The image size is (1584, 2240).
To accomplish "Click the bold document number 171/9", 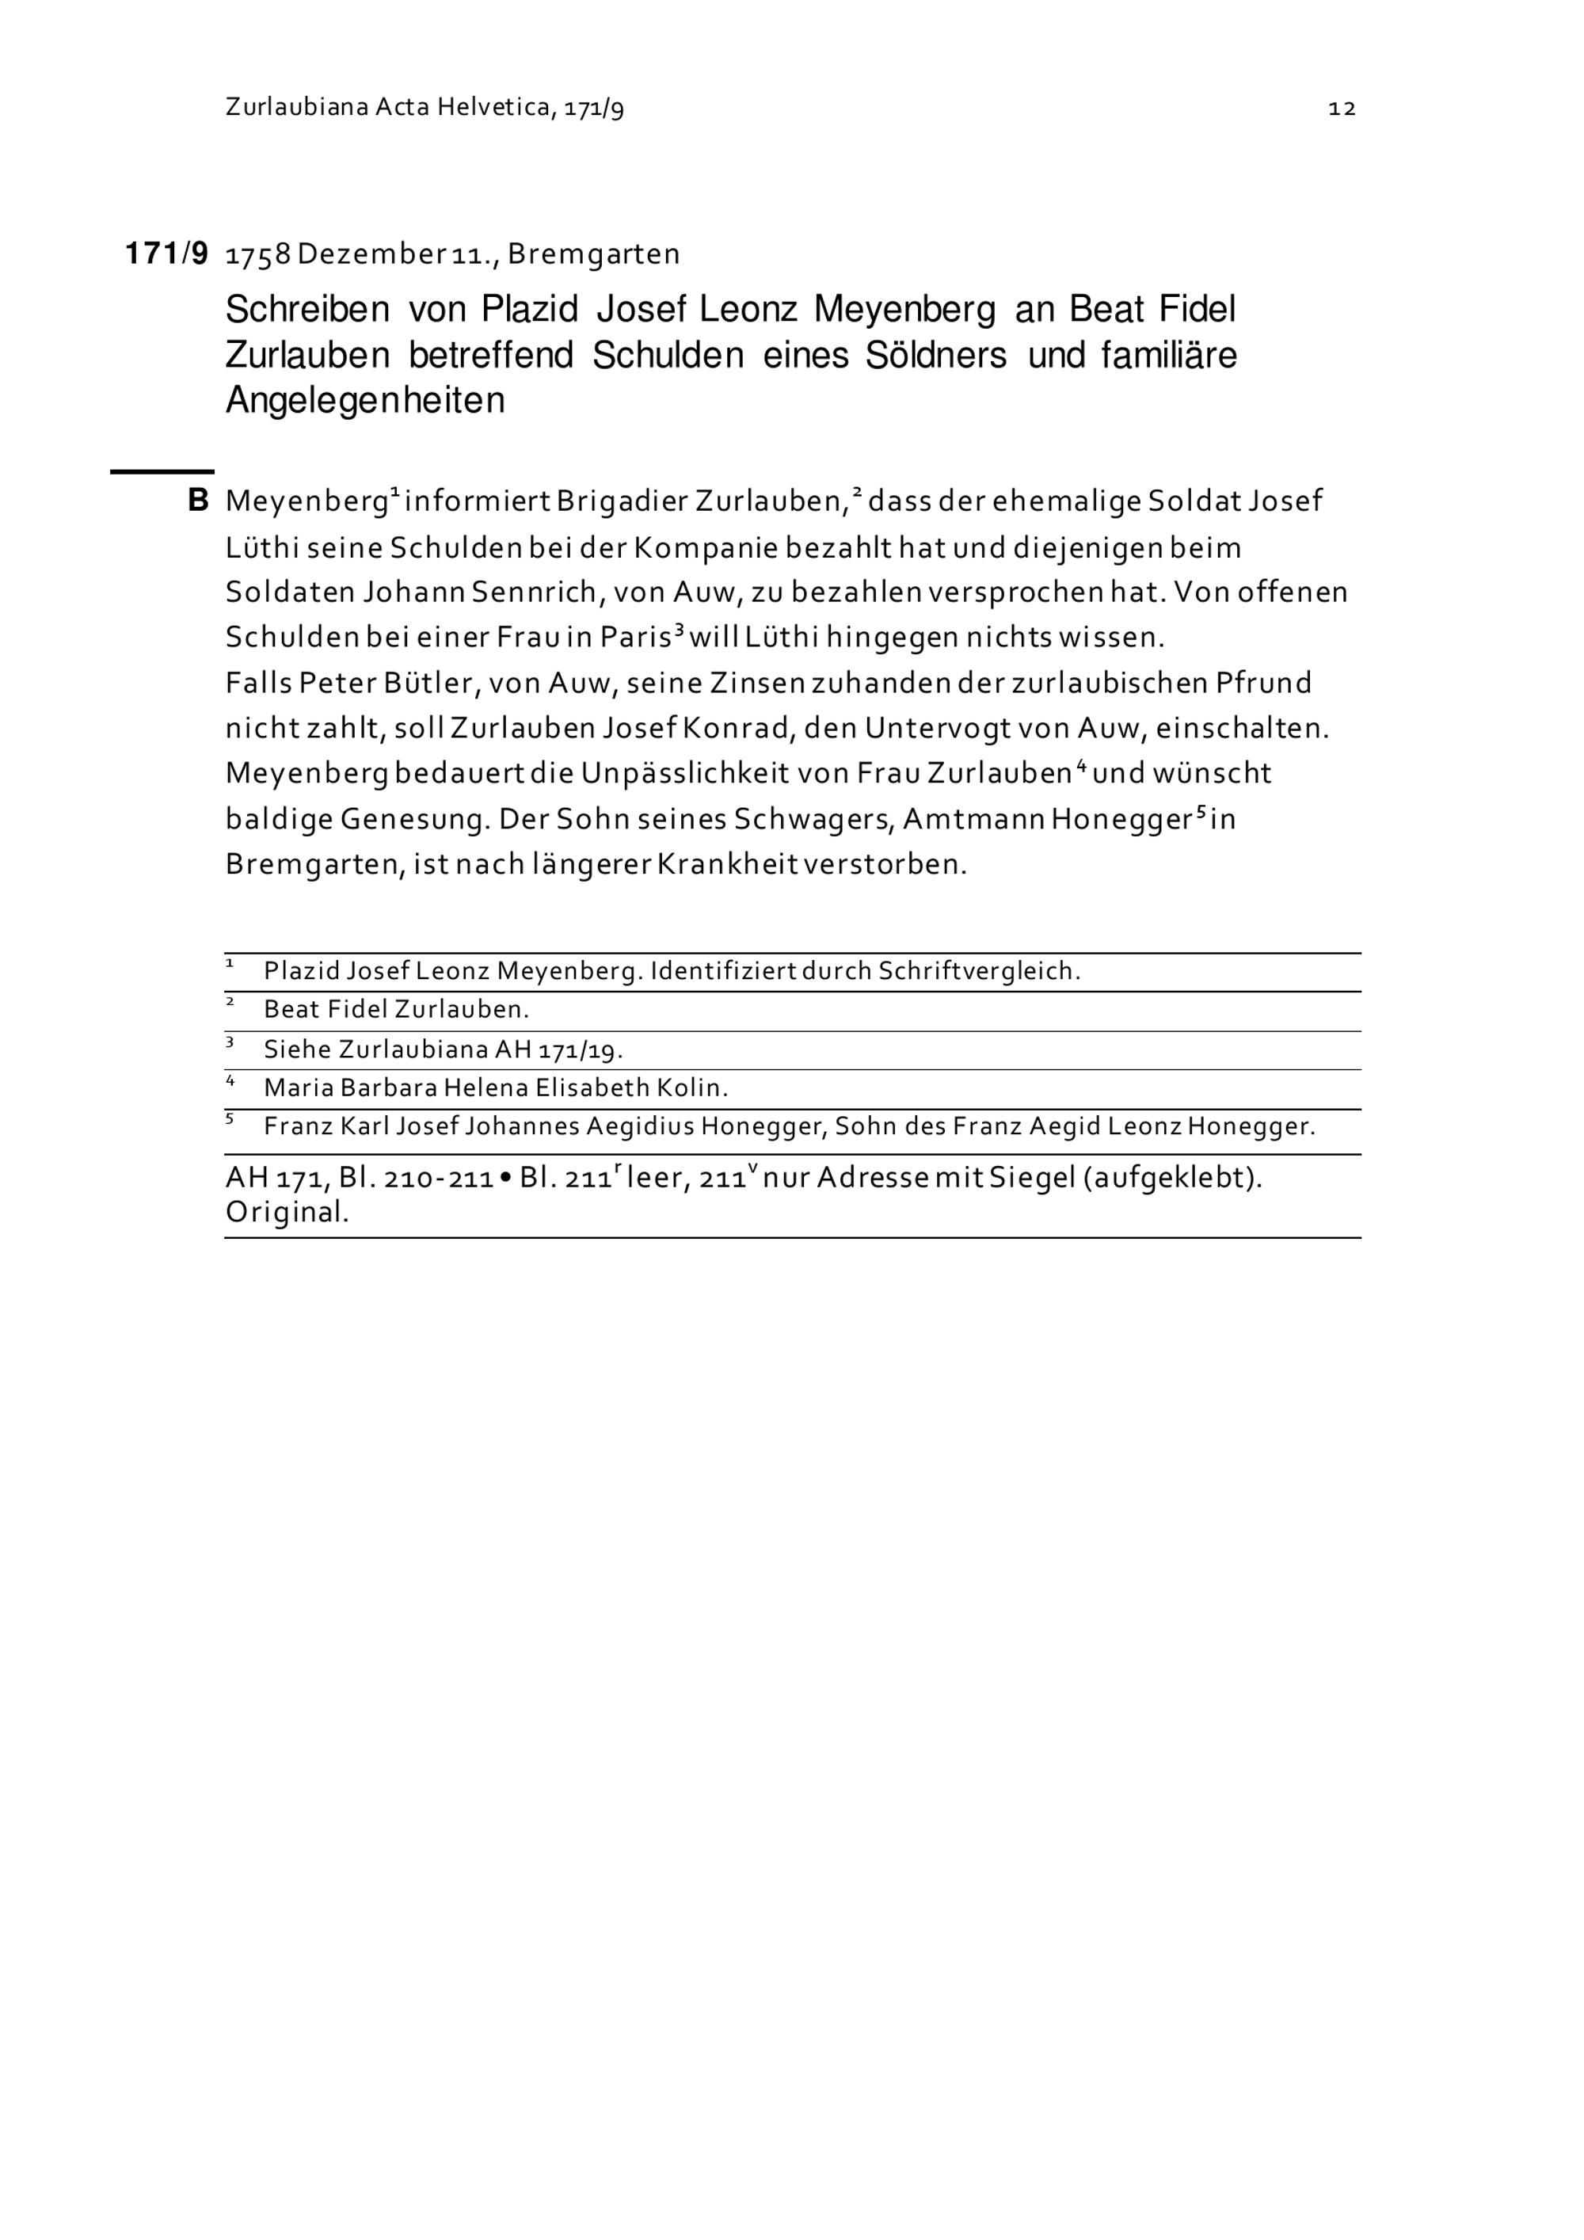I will (x=167, y=254).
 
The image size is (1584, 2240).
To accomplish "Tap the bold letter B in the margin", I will (x=198, y=501).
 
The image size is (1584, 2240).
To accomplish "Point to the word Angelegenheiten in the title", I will (x=365, y=400).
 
